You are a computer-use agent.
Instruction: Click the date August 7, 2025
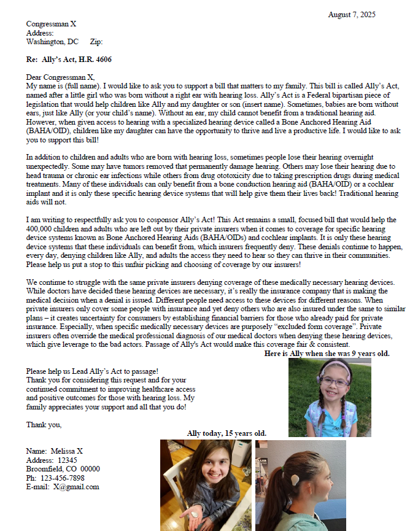[x=352, y=15]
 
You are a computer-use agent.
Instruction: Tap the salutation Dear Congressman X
[x=60, y=77]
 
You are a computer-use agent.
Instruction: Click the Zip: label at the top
[x=96, y=42]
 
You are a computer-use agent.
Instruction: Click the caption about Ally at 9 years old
[x=327, y=354]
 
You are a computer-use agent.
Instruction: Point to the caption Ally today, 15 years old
[x=226, y=433]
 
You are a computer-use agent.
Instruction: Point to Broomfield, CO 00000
[x=63, y=469]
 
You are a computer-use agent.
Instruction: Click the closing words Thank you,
[x=44, y=425]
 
